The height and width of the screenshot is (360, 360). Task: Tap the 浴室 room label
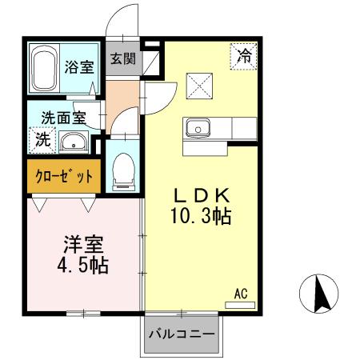click(78, 67)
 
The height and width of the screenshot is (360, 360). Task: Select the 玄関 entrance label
click(122, 58)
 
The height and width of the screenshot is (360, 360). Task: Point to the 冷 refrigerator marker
click(244, 55)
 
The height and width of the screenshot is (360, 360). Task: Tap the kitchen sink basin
click(197, 128)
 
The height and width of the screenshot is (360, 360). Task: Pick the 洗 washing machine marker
click(42, 139)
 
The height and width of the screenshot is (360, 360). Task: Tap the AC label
click(241, 294)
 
